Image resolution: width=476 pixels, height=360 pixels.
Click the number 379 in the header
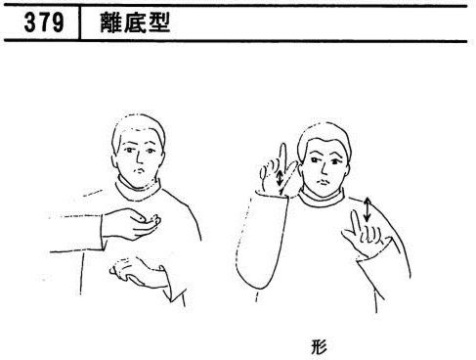[x=44, y=22]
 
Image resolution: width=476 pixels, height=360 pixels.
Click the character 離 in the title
[x=111, y=22]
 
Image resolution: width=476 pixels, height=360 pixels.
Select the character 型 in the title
[x=159, y=22]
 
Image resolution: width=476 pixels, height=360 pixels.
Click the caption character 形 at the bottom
[x=319, y=346]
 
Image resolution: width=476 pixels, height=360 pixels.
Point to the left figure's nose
[x=139, y=158]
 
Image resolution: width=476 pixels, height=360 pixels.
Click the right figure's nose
[x=324, y=168]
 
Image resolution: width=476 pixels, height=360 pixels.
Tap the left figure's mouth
[x=141, y=170]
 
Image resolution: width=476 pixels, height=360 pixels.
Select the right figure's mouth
[x=324, y=181]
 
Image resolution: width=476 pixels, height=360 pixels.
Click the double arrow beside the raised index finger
[x=280, y=178]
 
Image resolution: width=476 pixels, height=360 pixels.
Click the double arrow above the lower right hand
[x=368, y=209]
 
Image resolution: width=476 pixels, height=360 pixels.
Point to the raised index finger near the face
[x=282, y=159]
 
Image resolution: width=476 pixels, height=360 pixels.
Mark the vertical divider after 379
[x=79, y=22]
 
